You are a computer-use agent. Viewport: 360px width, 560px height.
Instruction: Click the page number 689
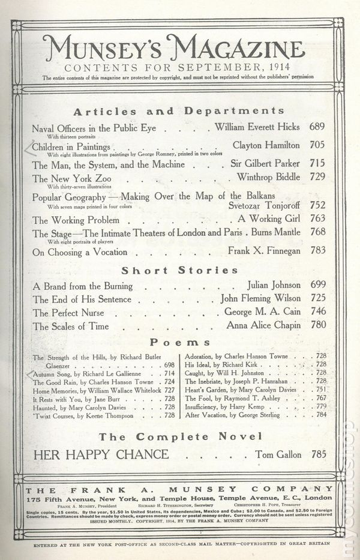(x=317, y=127)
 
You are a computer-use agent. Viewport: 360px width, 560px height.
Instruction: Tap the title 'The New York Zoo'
(x=64, y=178)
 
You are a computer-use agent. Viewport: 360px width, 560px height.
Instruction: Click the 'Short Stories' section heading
(x=179, y=270)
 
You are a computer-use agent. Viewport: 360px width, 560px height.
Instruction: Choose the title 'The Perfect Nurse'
(x=69, y=313)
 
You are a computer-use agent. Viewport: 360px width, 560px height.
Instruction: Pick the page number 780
(x=317, y=327)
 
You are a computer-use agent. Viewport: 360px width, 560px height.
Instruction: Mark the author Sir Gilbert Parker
(x=265, y=163)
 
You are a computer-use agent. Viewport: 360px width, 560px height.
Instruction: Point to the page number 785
(x=317, y=454)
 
